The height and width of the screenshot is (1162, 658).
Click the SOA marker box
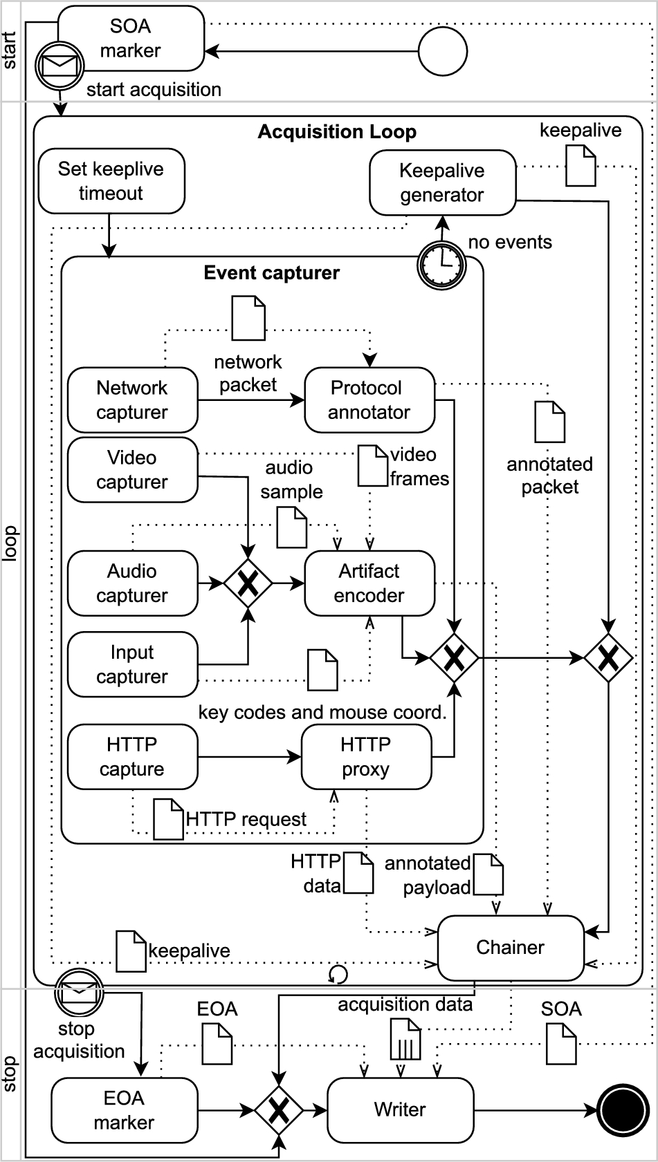coord(131,38)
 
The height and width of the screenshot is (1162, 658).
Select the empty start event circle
coord(443,51)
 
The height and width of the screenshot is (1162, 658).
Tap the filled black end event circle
coord(623,1110)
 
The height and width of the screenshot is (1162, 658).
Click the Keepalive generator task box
coord(442,183)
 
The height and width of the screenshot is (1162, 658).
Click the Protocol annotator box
coord(369,400)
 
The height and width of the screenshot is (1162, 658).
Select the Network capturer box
coord(132,400)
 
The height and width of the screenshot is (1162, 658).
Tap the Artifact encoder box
coord(369,583)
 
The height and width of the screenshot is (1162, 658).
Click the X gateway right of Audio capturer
coord(248,584)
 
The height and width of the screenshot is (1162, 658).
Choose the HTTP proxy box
coord(366,757)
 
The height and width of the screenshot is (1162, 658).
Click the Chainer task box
coord(510,948)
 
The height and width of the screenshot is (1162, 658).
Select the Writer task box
coord(400,1110)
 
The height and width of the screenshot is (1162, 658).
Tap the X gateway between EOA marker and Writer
coord(278,1111)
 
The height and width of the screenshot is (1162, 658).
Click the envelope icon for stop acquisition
coord(78,992)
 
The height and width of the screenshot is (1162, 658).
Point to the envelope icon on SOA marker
coord(60,66)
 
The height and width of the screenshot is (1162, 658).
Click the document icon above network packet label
coord(248,318)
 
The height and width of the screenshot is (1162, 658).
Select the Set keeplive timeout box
coord(111,181)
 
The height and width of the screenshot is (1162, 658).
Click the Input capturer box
coord(132,664)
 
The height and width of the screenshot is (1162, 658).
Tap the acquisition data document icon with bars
coord(405,1040)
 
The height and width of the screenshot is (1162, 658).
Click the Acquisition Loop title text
coord(337,132)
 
